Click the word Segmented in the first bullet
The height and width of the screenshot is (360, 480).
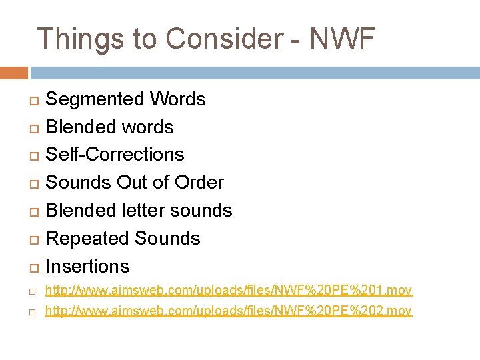pos(95,99)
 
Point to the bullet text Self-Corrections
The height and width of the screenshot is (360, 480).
pos(115,154)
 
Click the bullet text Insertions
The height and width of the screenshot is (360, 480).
pos(87,266)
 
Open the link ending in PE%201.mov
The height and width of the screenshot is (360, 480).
pos(228,290)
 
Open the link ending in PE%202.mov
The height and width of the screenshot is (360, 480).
pos(228,311)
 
